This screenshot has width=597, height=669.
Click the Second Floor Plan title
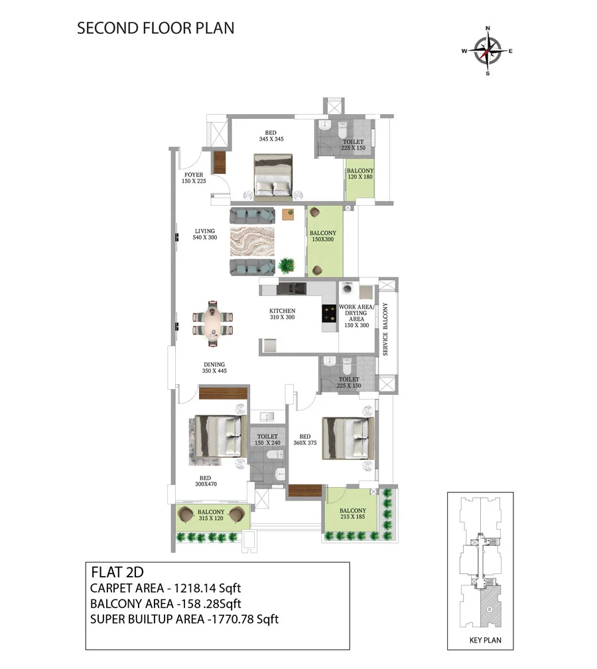click(156, 28)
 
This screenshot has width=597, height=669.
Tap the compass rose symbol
click(488, 51)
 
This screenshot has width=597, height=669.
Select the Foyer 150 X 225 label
click(194, 178)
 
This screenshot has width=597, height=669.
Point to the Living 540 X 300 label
click(205, 234)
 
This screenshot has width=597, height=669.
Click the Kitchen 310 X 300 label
click(283, 314)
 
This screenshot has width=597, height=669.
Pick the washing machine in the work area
click(348, 289)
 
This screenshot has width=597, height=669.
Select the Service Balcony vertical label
click(385, 329)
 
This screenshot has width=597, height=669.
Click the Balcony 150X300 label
click(323, 236)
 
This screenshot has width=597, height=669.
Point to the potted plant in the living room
click(287, 265)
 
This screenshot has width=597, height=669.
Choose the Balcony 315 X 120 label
click(211, 515)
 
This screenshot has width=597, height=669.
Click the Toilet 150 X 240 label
click(267, 439)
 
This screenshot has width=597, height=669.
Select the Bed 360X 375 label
click(305, 439)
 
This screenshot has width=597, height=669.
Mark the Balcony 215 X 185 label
click(353, 513)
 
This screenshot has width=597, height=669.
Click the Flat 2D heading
click(117, 572)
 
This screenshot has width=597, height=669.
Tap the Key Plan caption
click(486, 640)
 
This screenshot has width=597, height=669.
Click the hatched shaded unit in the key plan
click(490, 606)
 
